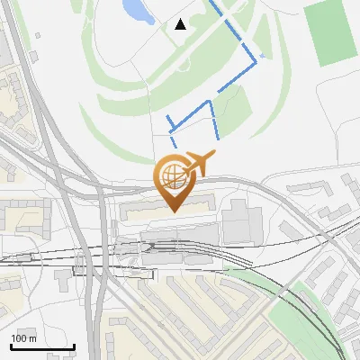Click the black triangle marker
tap(180, 24)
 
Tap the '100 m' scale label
tap(23, 338)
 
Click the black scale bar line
tap(42, 346)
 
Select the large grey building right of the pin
tap(240, 221)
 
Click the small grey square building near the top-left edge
tap(33, 58)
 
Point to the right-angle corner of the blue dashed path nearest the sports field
tap(256, 62)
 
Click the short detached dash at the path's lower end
tap(174, 141)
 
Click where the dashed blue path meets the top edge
tap(212, 2)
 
